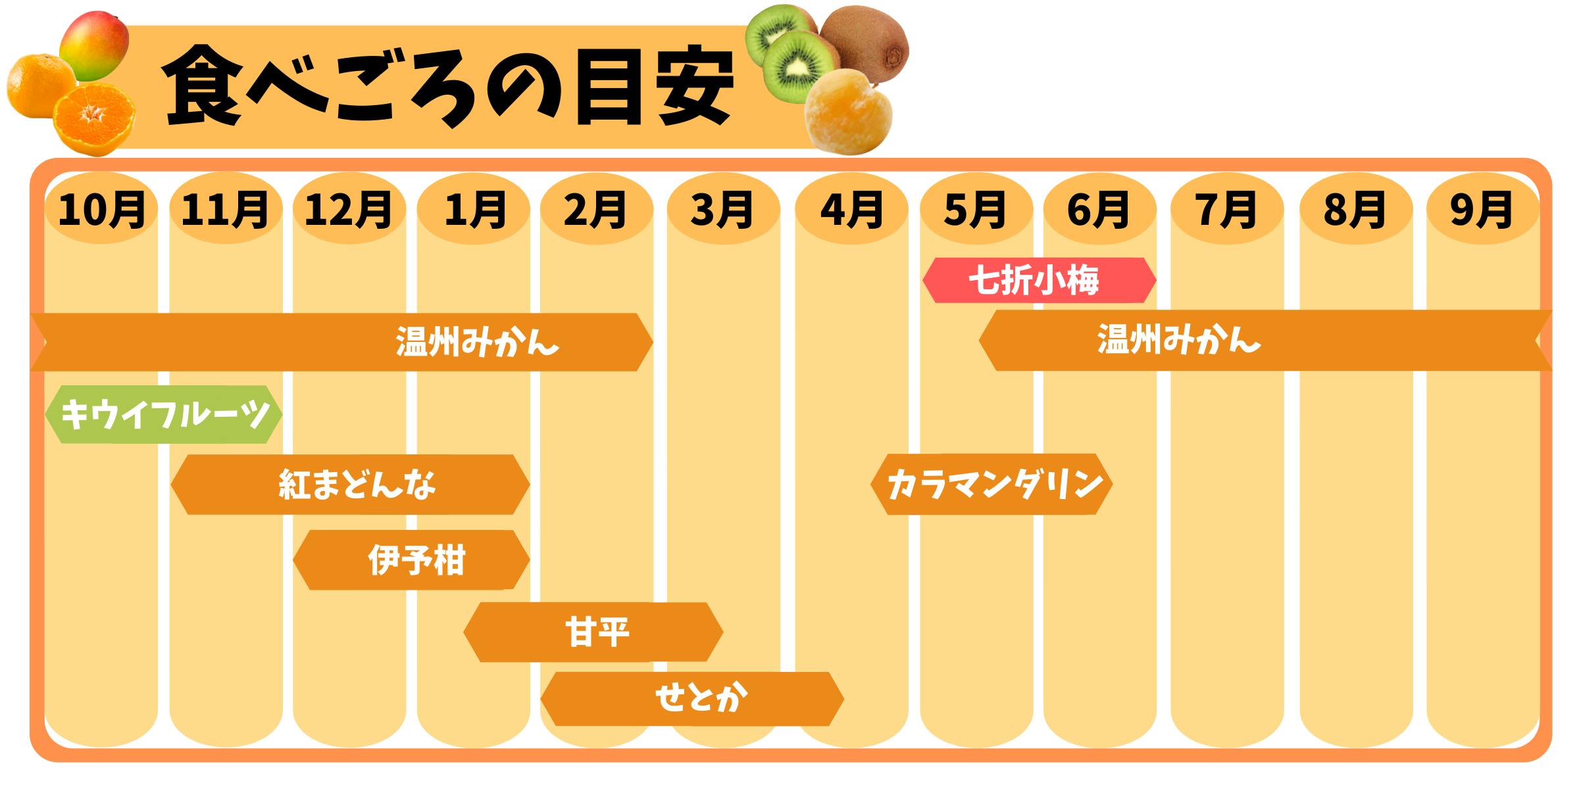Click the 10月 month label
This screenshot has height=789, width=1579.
tap(101, 210)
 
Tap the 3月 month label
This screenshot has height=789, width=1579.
tap(722, 210)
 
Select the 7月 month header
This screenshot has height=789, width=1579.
tap(1227, 210)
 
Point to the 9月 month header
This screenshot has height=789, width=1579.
tap(1482, 210)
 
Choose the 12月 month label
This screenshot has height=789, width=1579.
tap(349, 210)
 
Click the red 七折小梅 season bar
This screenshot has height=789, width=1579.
tap(1039, 280)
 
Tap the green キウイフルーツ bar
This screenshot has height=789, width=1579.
tap(164, 414)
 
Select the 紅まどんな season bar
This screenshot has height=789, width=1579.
tap(350, 485)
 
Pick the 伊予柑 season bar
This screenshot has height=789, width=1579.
tap(411, 560)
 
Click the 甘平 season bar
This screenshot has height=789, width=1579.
tap(593, 632)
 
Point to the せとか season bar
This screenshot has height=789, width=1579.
tap(692, 698)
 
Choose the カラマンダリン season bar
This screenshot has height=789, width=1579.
tap(991, 484)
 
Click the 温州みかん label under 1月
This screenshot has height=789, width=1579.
tap(478, 343)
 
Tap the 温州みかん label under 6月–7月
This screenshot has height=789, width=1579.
tap(1179, 341)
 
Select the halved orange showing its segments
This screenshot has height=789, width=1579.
tap(95, 120)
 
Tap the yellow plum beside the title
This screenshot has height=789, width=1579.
tap(847, 112)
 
